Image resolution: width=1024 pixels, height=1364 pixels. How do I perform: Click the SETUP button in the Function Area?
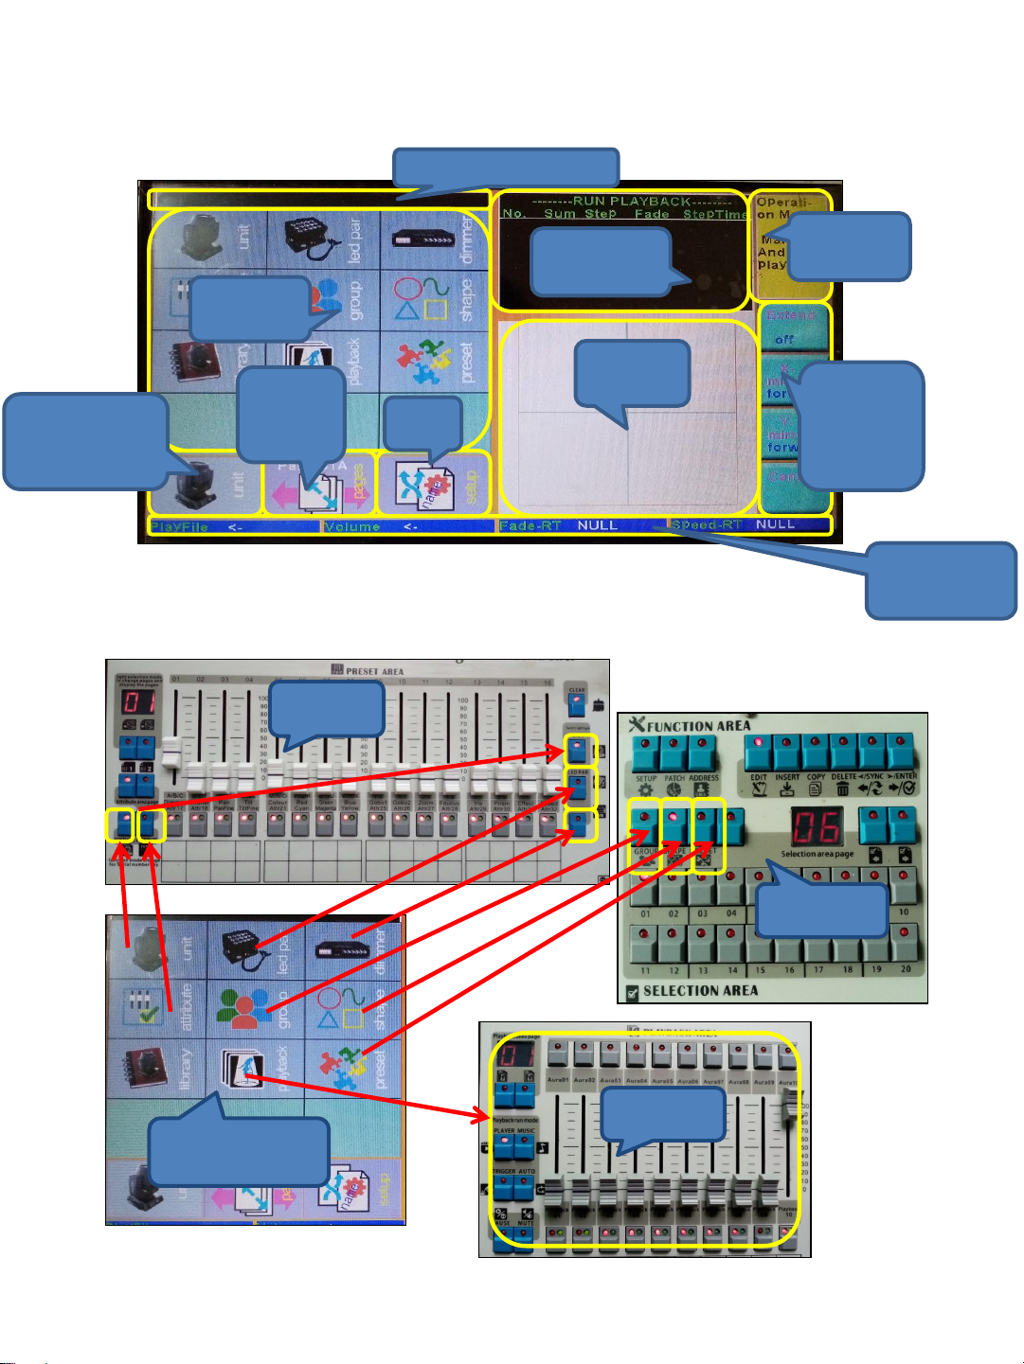pyautogui.click(x=646, y=754)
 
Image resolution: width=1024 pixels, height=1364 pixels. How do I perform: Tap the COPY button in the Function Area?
pyautogui.click(x=816, y=754)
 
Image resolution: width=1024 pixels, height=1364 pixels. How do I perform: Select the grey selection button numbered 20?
pyautogui.click(x=905, y=946)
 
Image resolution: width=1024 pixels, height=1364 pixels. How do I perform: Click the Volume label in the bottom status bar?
pyautogui.click(x=351, y=526)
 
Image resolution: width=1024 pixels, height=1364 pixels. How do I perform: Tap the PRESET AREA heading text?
pyautogui.click(x=374, y=671)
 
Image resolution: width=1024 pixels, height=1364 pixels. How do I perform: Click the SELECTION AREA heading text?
pyautogui.click(x=700, y=991)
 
